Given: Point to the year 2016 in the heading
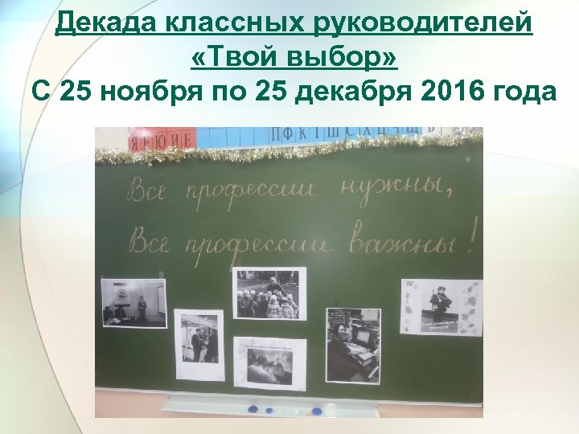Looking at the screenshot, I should [450, 92].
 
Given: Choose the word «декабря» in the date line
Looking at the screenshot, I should [348, 92].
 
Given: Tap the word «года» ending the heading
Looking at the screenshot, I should [523, 92].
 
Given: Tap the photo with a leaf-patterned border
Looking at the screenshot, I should [441, 307].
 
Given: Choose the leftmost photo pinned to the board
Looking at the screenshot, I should [133, 301].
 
